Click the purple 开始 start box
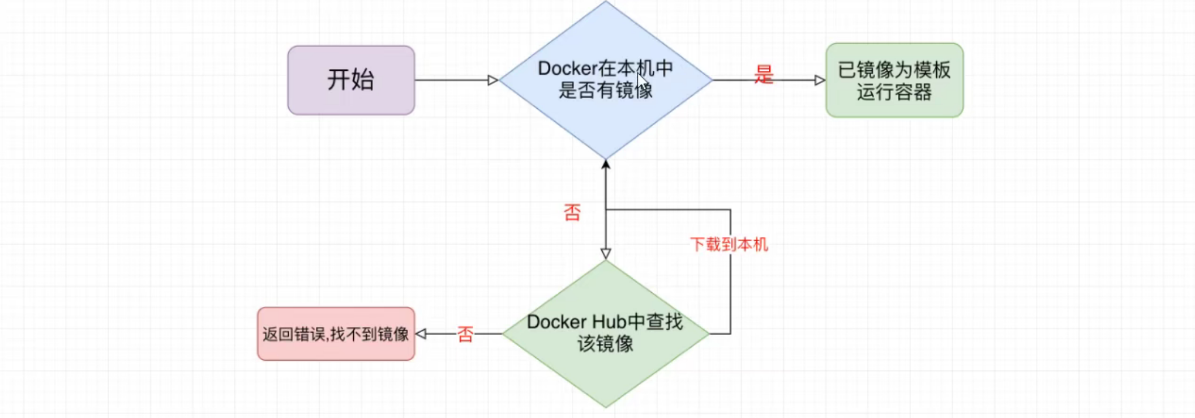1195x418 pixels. (x=351, y=80)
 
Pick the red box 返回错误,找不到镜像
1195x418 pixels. (x=336, y=334)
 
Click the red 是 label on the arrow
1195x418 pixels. (x=764, y=75)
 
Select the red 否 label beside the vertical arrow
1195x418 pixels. (x=572, y=213)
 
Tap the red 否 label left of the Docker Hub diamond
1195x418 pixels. (x=465, y=334)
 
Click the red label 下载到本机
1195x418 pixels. (x=729, y=245)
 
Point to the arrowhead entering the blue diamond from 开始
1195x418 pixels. (x=493, y=80)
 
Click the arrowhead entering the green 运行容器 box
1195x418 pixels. (x=820, y=80)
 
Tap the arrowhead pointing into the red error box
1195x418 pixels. (x=421, y=334)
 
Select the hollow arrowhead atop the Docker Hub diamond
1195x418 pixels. (x=606, y=253)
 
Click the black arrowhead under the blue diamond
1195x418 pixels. (x=606, y=164)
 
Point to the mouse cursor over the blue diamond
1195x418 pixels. (x=641, y=83)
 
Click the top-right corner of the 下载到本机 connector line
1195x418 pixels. (x=730, y=210)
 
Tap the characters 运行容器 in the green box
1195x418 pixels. (x=894, y=92)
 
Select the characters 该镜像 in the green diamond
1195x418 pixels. (x=605, y=344)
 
